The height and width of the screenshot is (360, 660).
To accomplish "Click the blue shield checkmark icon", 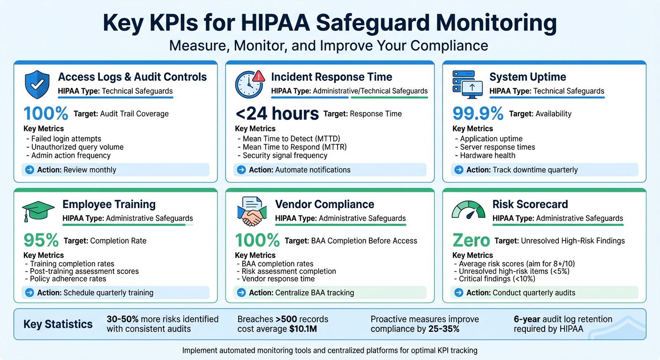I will pyautogui.click(x=37, y=83).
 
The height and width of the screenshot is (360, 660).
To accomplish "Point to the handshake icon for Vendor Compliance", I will pyautogui.click(x=251, y=211).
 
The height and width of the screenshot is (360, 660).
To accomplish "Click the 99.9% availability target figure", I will pyautogui.click(x=478, y=113).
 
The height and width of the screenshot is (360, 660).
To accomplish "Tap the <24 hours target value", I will pyautogui.click(x=277, y=113).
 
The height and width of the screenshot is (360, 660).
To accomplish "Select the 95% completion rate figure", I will pyautogui.click(x=41, y=240).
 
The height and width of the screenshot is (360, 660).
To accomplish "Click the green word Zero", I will pyautogui.click(x=471, y=241).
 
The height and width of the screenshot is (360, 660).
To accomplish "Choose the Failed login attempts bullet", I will pyautogui.click(x=66, y=139).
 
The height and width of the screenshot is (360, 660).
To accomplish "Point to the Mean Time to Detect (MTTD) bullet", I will pyautogui.click(x=291, y=139).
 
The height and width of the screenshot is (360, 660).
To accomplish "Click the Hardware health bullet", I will pyautogui.click(x=487, y=156).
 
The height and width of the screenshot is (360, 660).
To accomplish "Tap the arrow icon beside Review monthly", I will pyautogui.click(x=29, y=170).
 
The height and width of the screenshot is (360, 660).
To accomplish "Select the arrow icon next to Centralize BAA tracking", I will pyautogui.click(x=241, y=293).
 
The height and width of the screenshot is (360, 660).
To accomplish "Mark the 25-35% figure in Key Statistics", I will pyautogui.click(x=444, y=329).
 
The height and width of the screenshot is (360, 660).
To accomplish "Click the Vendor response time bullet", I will pyautogui.click(x=278, y=278).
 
